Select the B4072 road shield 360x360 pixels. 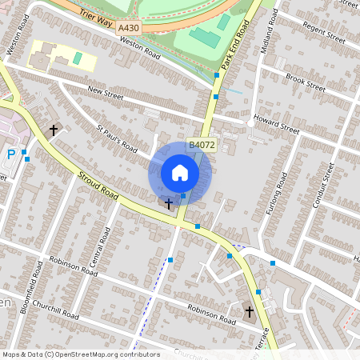coord(201,145)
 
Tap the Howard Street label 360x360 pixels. coord(276,124)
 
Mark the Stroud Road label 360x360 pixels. coord(98,184)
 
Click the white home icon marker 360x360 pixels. coord(180,173)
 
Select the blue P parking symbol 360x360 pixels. coord(10,156)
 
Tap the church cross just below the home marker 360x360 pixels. coord(169,204)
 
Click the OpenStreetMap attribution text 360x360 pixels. coord(80,354)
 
